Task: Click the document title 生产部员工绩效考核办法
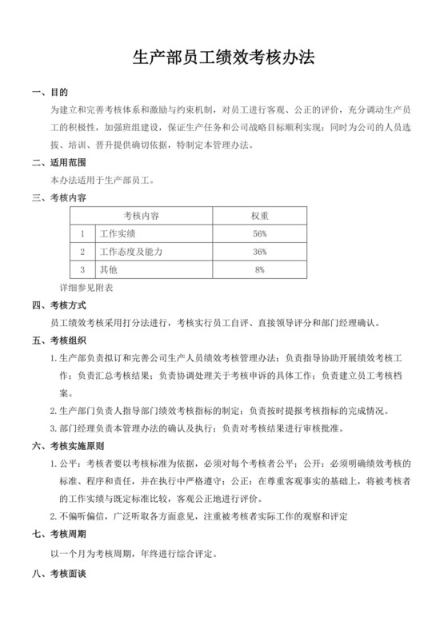pyautogui.click(x=223, y=58)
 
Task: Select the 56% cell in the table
pyautogui.click(x=259, y=234)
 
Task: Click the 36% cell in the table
pyautogui.click(x=259, y=252)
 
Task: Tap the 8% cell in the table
pyautogui.click(x=259, y=270)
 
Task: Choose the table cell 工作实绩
pyautogui.click(x=117, y=234)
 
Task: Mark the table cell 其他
pyautogui.click(x=107, y=270)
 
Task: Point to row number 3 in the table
pyautogui.click(x=82, y=270)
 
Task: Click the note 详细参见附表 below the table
pyautogui.click(x=86, y=286)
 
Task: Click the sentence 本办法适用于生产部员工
pyautogui.click(x=102, y=181)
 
